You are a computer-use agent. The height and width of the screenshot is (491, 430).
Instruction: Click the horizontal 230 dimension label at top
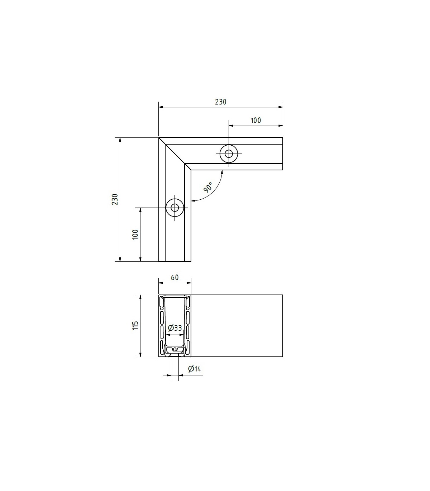[x=220, y=102]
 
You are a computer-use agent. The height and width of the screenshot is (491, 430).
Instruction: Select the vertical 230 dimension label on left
[x=115, y=199]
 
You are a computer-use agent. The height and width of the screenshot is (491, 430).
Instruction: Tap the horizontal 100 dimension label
[x=256, y=121]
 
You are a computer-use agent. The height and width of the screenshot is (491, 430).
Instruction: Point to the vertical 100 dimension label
[x=135, y=234]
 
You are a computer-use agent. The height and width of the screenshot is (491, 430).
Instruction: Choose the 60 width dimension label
[x=175, y=277]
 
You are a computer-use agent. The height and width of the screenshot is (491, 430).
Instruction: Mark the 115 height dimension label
[x=135, y=325]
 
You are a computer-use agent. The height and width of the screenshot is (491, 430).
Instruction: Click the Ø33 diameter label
[x=175, y=327]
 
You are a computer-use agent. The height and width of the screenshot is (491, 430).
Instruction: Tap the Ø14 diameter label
[x=195, y=368]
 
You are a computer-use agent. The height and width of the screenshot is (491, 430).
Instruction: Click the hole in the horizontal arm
[x=229, y=154]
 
